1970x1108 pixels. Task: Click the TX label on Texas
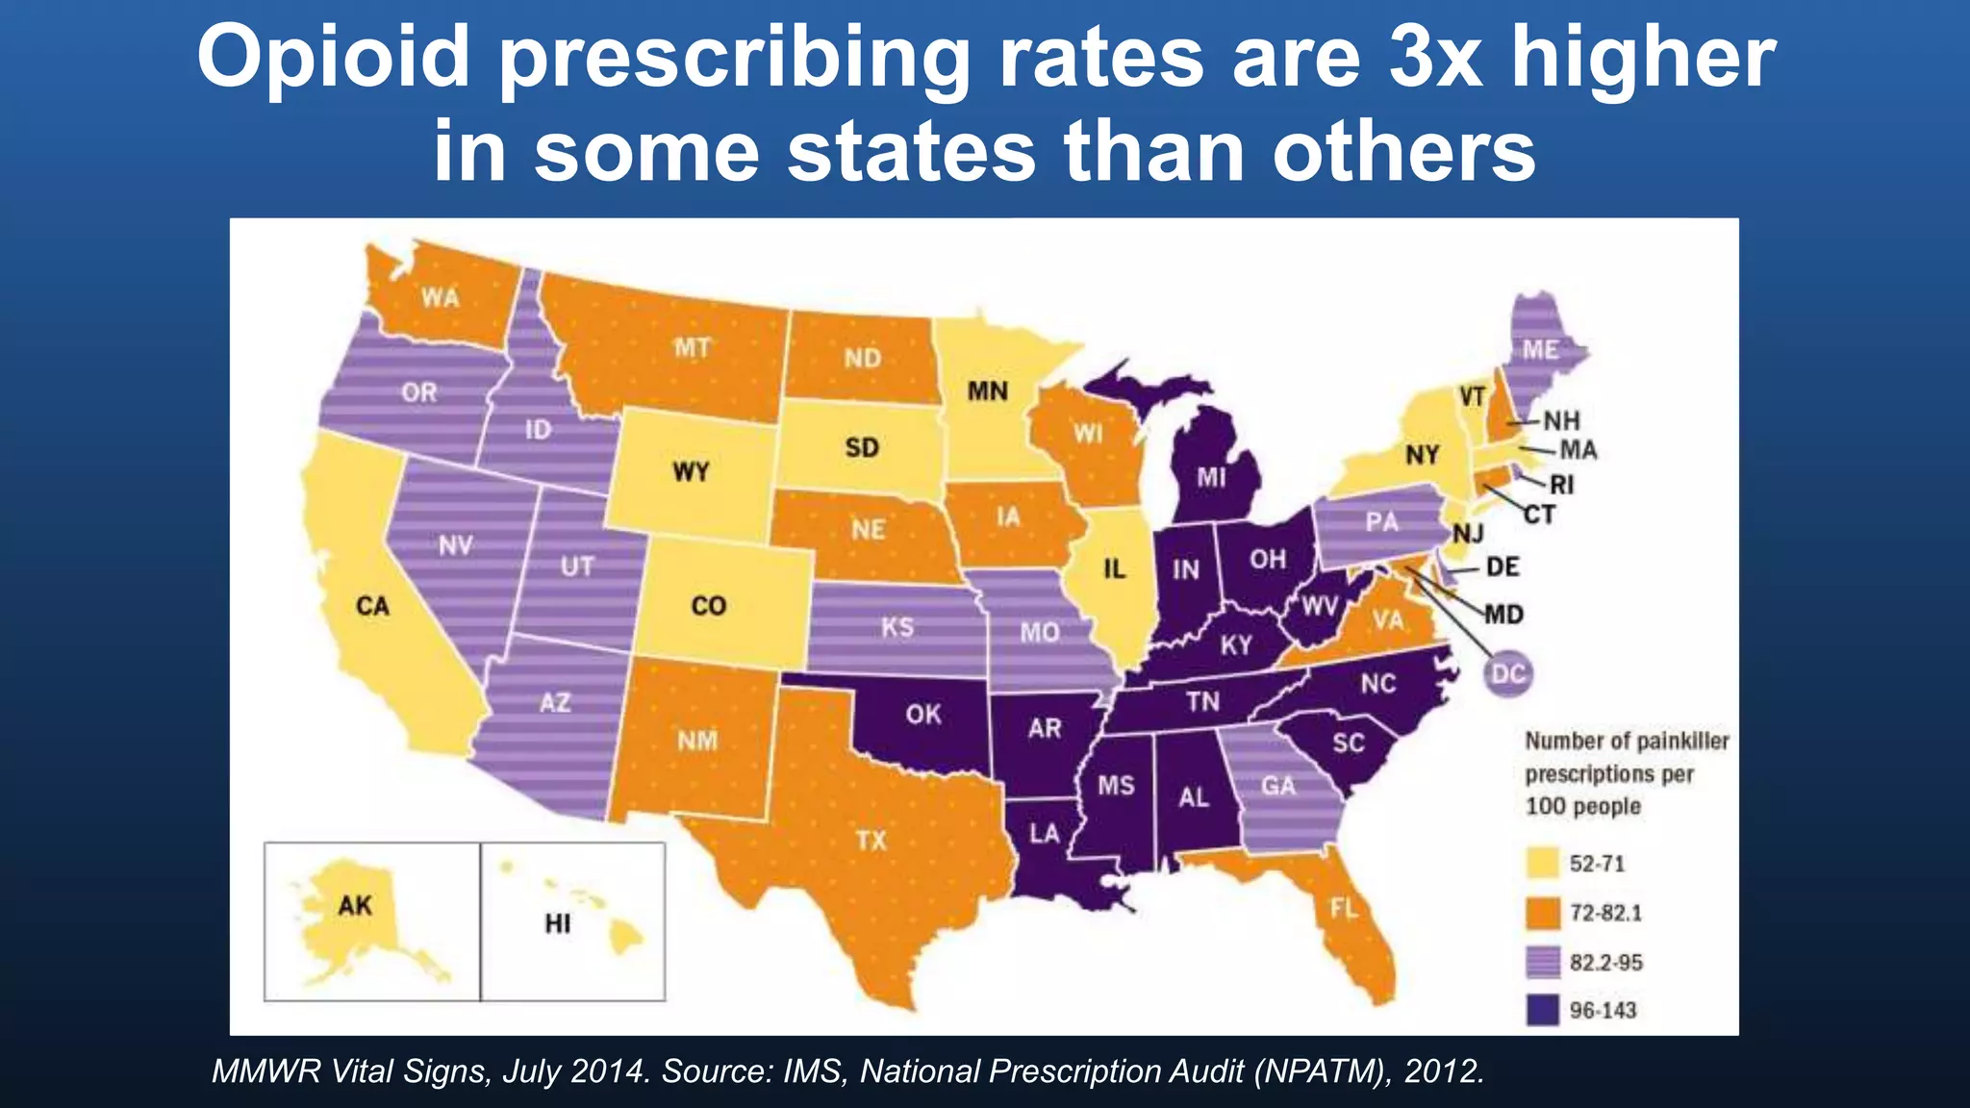pos(871,841)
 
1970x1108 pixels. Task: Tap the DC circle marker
pos(1507,673)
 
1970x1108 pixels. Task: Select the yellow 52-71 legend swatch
pos(1542,863)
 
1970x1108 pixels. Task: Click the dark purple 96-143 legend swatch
pos(1542,1010)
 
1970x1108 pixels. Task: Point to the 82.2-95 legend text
pos(1605,962)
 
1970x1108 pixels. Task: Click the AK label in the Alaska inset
pos(355,905)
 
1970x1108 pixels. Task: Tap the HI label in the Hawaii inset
pos(558,924)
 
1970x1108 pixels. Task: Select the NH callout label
pos(1561,420)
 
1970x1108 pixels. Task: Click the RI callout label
pos(1562,485)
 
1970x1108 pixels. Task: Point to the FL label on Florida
pos(1344,908)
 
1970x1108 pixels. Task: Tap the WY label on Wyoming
pos(691,472)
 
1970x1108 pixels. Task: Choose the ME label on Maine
pos(1540,350)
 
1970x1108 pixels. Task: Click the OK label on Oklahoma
pos(923,715)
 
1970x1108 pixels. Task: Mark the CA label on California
pos(372,606)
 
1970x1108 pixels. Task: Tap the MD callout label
pos(1503,615)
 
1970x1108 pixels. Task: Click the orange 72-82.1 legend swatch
pos(1542,913)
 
